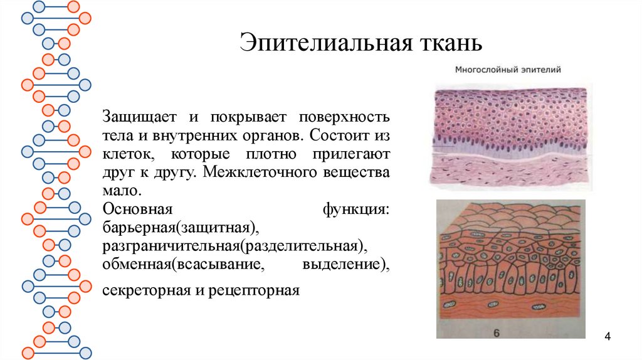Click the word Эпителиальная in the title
point(317,43)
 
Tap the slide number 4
point(608,338)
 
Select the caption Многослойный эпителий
point(507,71)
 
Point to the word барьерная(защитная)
point(182,226)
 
